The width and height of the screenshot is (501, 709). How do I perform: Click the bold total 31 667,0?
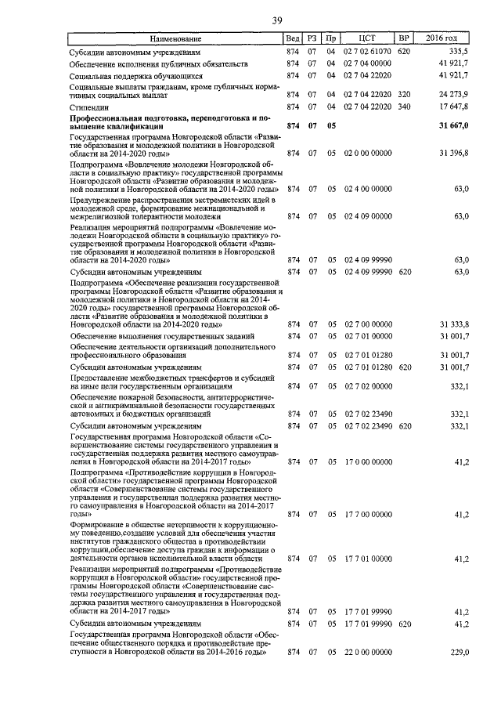click(x=452, y=125)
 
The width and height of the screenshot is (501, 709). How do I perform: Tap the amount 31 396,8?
click(x=453, y=151)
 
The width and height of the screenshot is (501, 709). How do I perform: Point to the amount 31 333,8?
click(x=453, y=324)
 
